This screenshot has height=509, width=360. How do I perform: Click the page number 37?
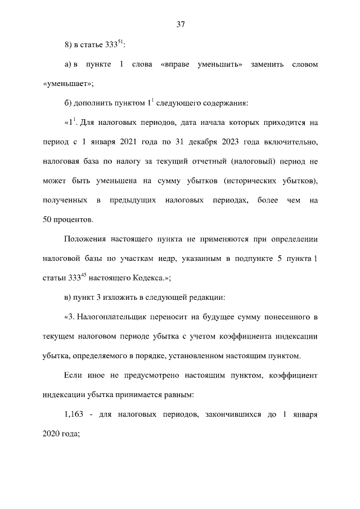tap(180, 24)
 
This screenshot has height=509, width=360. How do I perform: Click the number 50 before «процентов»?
tap(47, 219)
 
